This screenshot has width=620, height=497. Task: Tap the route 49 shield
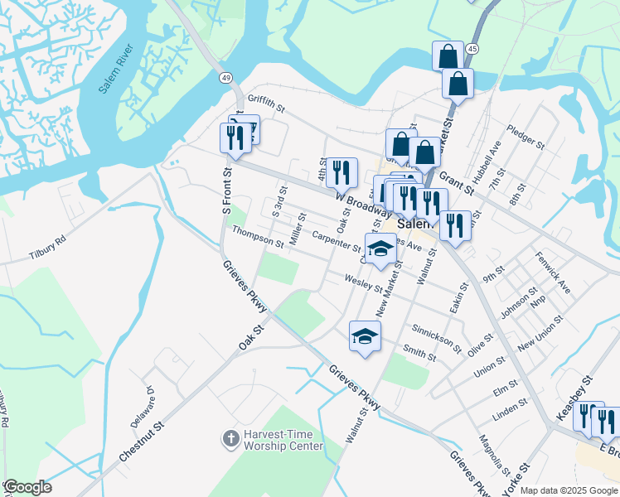pos(225,77)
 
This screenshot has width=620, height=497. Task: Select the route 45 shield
pos(472,50)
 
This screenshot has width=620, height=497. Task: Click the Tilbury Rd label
pos(46,246)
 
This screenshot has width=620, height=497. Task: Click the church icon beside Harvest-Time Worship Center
pos(232,436)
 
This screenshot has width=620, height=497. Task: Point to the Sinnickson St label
pos(436,334)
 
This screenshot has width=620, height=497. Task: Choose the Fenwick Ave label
pos(553,273)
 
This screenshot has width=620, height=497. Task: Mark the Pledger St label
pos(526,139)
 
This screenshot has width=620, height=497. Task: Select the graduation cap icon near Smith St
pos(365,337)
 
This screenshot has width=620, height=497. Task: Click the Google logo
pos(27,487)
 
